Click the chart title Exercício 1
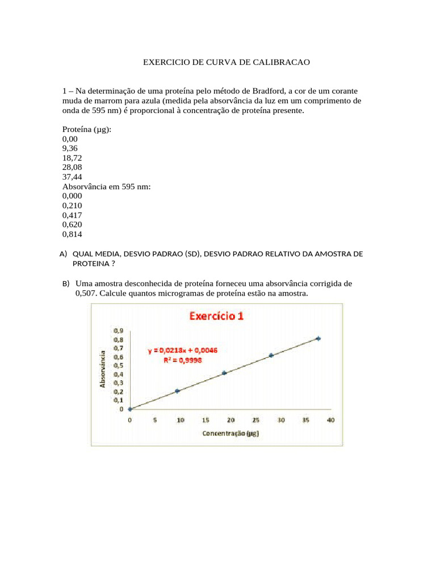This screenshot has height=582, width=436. click(216, 315)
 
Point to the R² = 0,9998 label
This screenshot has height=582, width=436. click(183, 360)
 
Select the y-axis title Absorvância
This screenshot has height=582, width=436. click(103, 368)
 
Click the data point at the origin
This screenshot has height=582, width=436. click(130, 409)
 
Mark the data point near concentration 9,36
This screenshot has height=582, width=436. click(177, 391)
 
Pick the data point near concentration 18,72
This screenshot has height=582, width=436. click(224, 373)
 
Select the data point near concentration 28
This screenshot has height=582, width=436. click(271, 355)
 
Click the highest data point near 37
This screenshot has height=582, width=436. click(318, 338)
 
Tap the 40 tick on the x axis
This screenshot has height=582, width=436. click(330, 419)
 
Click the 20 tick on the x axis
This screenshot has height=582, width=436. click(230, 419)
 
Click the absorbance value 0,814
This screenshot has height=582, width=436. click(73, 234)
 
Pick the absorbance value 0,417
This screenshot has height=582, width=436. click(73, 215)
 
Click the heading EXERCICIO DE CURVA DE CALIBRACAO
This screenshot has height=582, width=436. click(226, 61)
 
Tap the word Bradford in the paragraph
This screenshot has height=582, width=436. click(266, 91)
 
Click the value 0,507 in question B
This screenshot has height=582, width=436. click(86, 293)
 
